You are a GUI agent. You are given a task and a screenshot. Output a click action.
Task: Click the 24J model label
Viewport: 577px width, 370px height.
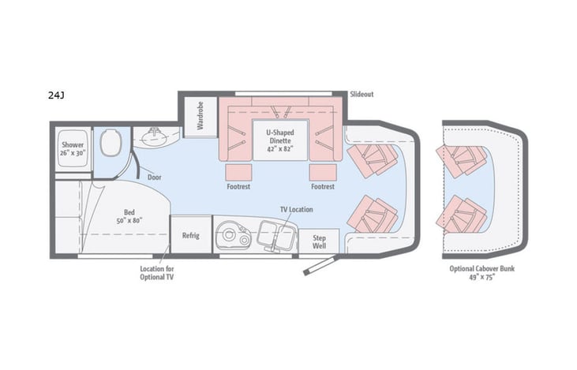(x=56, y=95)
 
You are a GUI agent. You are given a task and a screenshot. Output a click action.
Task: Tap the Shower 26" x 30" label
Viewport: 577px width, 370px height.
(x=73, y=149)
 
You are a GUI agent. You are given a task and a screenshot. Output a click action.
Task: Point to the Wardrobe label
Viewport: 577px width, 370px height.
(x=200, y=116)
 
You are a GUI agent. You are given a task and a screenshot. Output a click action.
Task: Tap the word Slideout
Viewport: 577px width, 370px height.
(x=362, y=94)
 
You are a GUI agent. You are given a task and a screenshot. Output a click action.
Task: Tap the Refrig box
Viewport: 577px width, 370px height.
(x=190, y=235)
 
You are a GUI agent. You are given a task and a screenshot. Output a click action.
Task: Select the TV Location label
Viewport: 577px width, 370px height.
(x=296, y=209)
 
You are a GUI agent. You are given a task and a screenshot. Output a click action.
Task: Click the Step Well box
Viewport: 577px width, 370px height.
(x=320, y=241)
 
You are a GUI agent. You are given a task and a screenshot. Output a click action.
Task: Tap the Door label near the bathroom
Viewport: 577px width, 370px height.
(x=155, y=177)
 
